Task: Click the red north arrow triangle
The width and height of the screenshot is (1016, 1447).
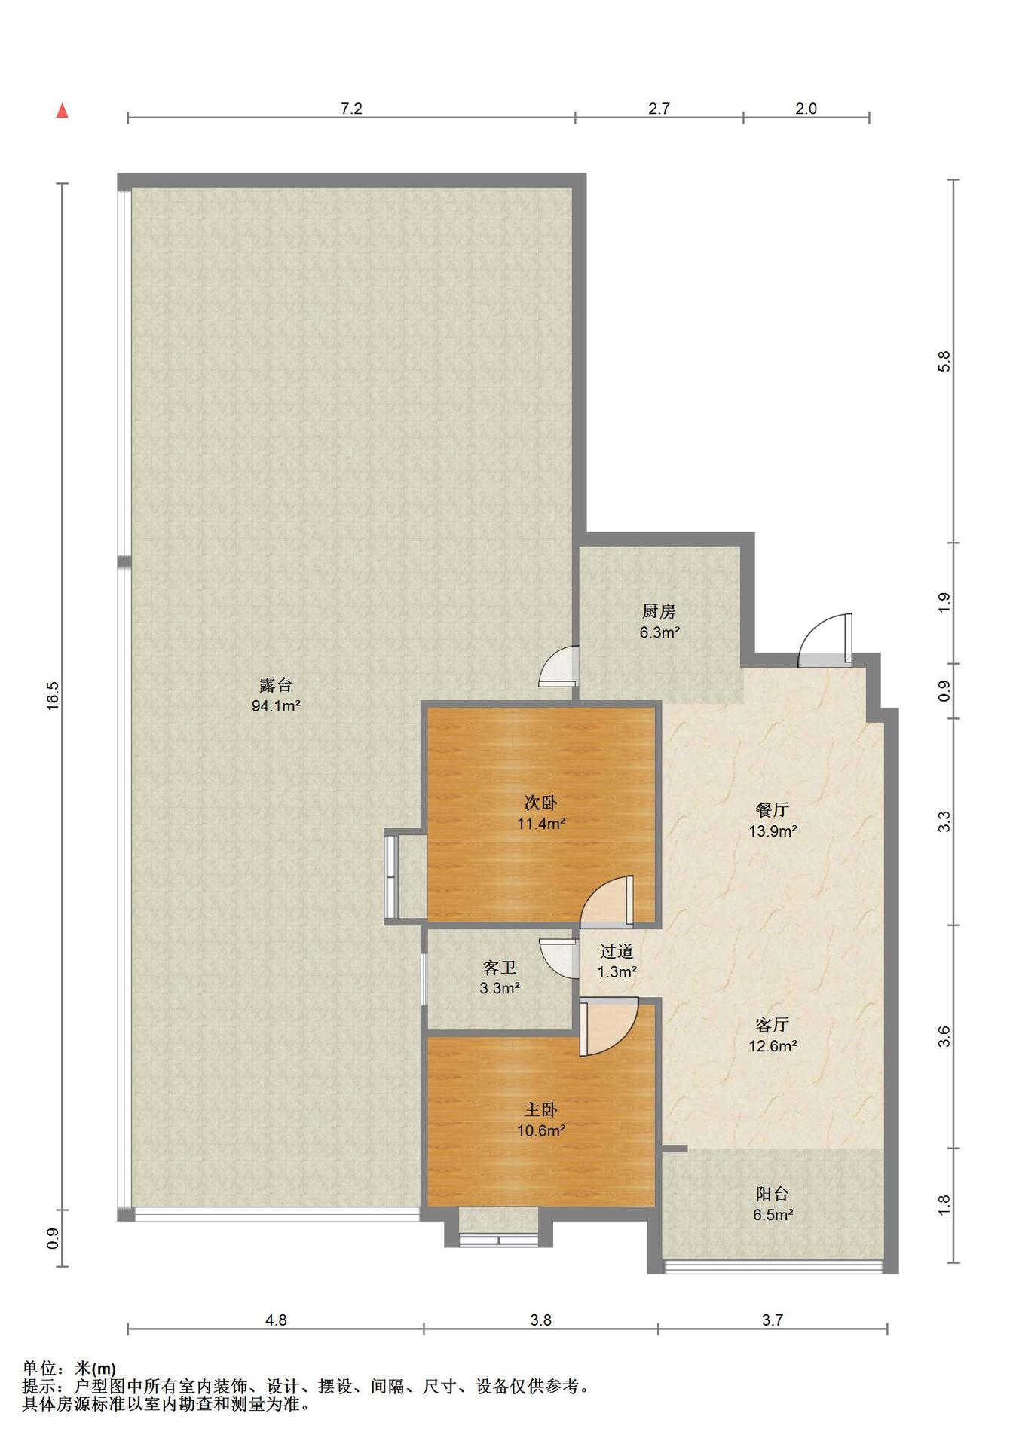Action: [x=63, y=112]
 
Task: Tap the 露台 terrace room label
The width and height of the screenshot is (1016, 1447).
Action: [x=276, y=685]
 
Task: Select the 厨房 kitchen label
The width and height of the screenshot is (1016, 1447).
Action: [x=659, y=611]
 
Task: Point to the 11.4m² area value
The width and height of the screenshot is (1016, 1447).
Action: [x=541, y=824]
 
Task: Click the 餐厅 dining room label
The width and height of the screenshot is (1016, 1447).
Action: [x=773, y=810]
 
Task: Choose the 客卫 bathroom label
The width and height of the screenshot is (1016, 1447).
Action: [x=499, y=967]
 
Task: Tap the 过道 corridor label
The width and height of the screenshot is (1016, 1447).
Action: [x=617, y=952]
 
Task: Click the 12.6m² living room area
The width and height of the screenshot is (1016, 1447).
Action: [x=773, y=1046]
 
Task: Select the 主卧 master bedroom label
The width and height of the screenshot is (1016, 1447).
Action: [x=541, y=1110]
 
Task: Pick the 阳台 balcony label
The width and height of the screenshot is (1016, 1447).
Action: [x=773, y=1195]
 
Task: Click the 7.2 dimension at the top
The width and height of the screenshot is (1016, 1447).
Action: [x=351, y=109]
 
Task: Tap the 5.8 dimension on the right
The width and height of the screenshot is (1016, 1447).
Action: [x=944, y=361]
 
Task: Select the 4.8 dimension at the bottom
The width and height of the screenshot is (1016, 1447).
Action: [x=276, y=1320]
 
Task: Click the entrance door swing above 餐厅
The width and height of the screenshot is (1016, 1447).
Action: [x=826, y=640]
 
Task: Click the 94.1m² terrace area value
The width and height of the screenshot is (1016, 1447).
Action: [x=276, y=706]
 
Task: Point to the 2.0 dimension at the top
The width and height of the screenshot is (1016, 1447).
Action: [x=806, y=109]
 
